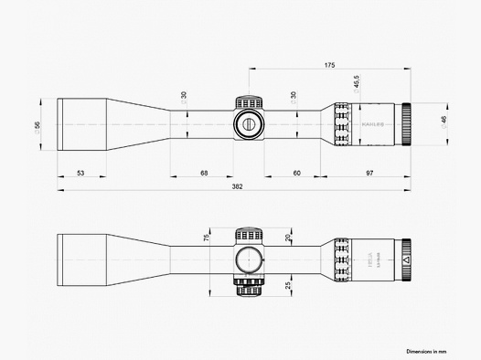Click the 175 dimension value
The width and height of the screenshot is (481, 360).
[x=329, y=66]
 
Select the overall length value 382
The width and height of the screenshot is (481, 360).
[x=236, y=185]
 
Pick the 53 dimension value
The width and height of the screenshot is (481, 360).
[x=80, y=172]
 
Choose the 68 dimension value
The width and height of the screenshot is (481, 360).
[x=203, y=172]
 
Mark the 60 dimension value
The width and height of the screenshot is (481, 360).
[x=296, y=172]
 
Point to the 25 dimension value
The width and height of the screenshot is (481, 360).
[x=288, y=286]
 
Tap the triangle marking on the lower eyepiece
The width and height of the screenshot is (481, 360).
[x=404, y=260]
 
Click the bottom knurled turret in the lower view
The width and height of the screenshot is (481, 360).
[x=247, y=289]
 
